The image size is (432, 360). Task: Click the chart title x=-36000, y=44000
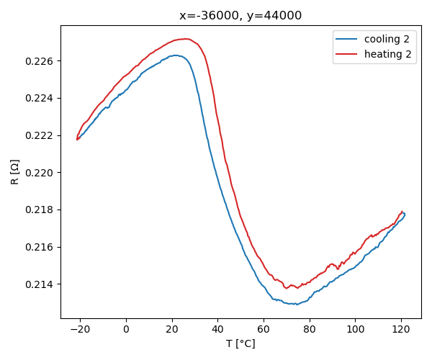click(x=240, y=16)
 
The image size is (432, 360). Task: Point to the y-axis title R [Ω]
click(x=15, y=172)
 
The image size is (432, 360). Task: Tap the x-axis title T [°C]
click(x=240, y=343)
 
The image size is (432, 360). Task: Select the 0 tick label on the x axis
click(x=126, y=330)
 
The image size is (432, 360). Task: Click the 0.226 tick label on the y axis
click(x=40, y=61)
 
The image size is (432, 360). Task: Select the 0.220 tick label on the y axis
click(x=40, y=173)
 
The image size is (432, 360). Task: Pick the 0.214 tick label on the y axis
click(x=40, y=284)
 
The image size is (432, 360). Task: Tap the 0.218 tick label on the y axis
click(x=40, y=210)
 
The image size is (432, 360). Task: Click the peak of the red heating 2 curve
click(x=186, y=39)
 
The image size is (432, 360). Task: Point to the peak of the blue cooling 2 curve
click(x=175, y=55)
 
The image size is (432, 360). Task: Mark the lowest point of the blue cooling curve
click(x=296, y=304)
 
